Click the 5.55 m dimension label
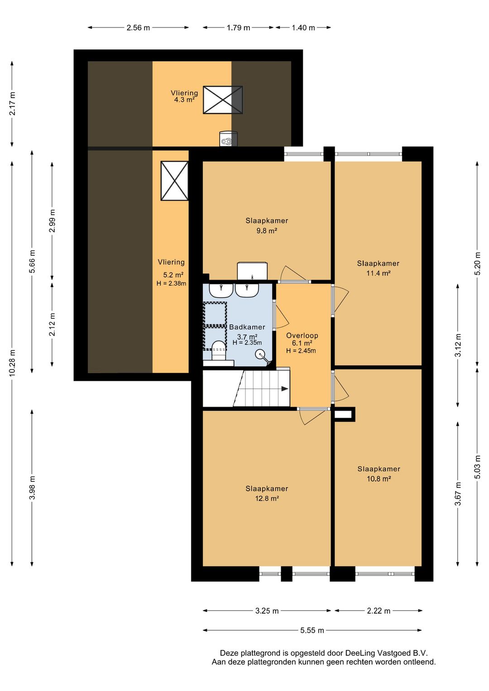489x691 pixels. pyautogui.click(x=312, y=630)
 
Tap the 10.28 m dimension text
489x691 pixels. pyautogui.click(x=12, y=363)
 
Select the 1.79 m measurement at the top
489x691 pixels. pyautogui.click(x=238, y=28)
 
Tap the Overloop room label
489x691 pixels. pyautogui.click(x=302, y=336)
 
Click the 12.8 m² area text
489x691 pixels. pyautogui.click(x=267, y=498)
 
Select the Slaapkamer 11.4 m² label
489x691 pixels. pyautogui.click(x=378, y=268)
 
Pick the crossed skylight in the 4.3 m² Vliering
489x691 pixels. pyautogui.click(x=223, y=100)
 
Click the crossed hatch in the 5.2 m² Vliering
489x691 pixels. pyautogui.click(x=174, y=181)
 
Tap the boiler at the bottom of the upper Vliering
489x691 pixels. pyautogui.click(x=228, y=139)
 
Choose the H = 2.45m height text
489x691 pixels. pyautogui.click(x=301, y=350)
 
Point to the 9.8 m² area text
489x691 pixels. pyautogui.click(x=267, y=230)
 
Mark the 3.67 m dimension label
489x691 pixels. pyautogui.click(x=459, y=494)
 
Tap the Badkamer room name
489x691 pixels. pyautogui.click(x=247, y=327)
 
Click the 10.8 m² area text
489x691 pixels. pyautogui.click(x=379, y=479)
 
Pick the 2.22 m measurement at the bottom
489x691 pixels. pyautogui.click(x=379, y=610)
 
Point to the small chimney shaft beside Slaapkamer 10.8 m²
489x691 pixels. pyautogui.click(x=343, y=414)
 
